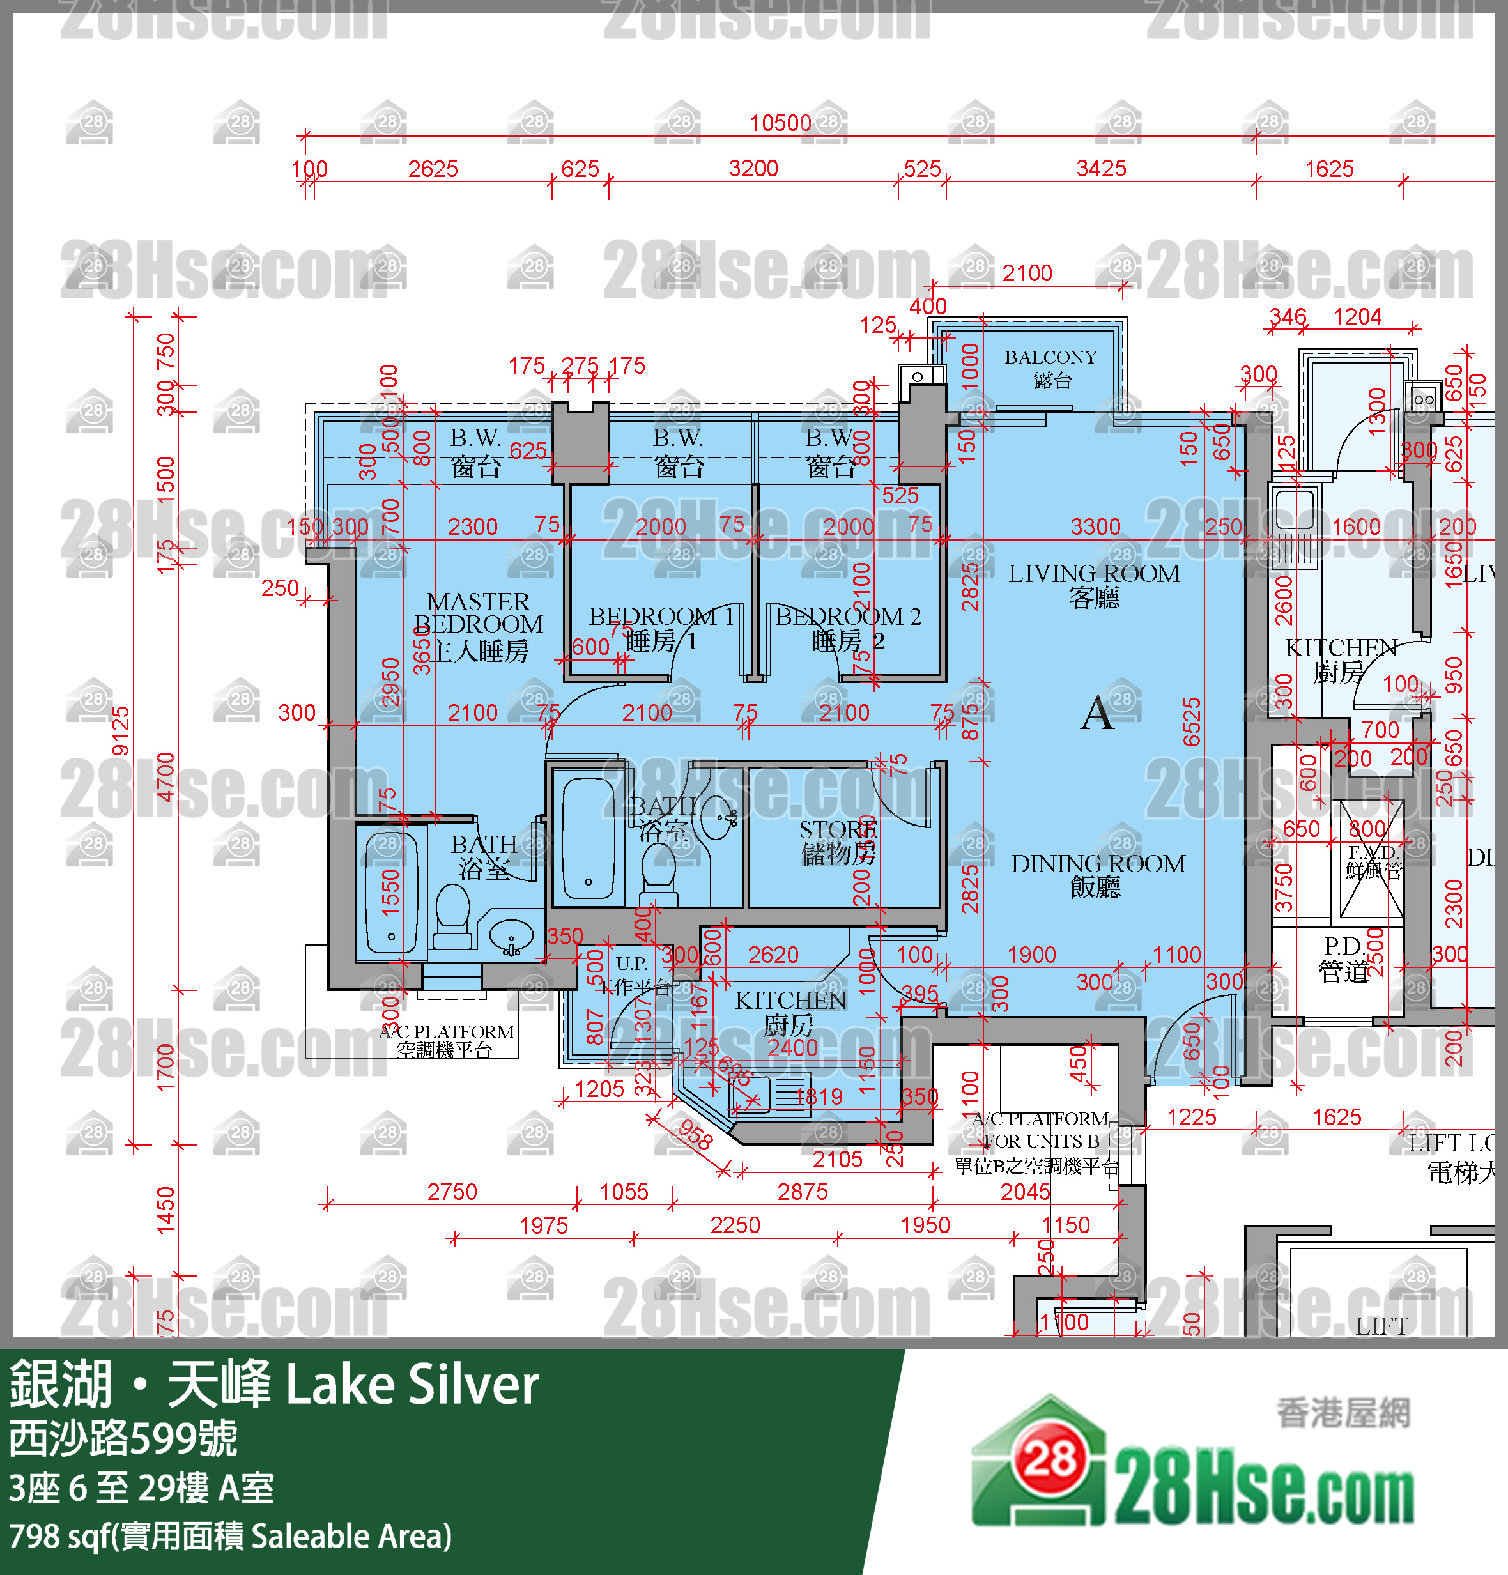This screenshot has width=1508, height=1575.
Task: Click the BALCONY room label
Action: click(x=1050, y=367)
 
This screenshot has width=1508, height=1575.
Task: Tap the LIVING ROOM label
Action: click(x=1093, y=584)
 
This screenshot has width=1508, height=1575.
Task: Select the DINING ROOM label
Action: click(x=1098, y=874)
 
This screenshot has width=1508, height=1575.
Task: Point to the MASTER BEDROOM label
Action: click(x=478, y=624)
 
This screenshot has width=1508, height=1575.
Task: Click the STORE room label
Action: click(x=838, y=841)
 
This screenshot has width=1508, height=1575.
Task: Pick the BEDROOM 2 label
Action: click(x=847, y=627)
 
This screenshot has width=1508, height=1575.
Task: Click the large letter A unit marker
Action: click(x=1098, y=713)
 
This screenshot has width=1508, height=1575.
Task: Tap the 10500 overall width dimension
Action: click(x=780, y=123)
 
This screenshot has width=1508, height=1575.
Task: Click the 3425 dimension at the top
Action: click(x=1101, y=169)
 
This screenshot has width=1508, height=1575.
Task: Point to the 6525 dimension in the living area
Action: click(x=1192, y=721)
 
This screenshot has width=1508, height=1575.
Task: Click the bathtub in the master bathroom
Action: click(x=391, y=892)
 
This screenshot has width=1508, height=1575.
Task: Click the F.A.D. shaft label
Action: click(x=1373, y=861)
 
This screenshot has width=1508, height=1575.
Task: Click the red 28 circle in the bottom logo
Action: click(x=1050, y=1457)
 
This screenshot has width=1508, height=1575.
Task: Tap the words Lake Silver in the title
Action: click(x=412, y=1385)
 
